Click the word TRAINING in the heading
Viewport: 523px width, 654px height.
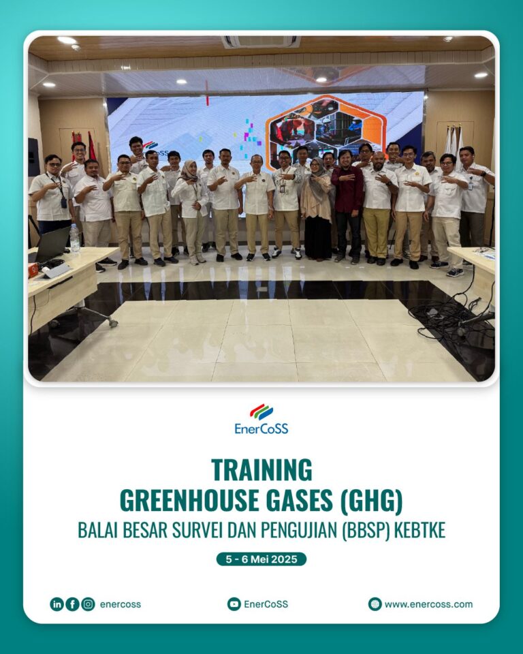pyautogui.click(x=261, y=470)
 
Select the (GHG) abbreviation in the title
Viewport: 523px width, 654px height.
pyautogui.click(x=371, y=501)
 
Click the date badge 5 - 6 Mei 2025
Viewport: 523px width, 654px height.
pyautogui.click(x=261, y=559)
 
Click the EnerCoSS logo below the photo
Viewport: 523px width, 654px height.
pyautogui.click(x=261, y=419)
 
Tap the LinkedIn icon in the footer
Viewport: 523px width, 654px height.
pyautogui.click(x=57, y=604)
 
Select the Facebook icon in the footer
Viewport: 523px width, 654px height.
pyautogui.click(x=72, y=604)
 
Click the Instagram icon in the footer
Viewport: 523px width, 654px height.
pyautogui.click(x=88, y=604)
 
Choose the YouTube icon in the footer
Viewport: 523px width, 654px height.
pyautogui.click(x=234, y=604)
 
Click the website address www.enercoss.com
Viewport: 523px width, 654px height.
pyautogui.click(x=429, y=604)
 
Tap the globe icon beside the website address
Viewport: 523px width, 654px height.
pyautogui.click(x=375, y=604)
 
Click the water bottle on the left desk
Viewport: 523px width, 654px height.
pyautogui.click(x=75, y=238)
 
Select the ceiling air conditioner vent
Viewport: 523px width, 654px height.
pyautogui.click(x=261, y=42)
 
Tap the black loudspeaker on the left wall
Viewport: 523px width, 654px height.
pyautogui.click(x=34, y=157)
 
